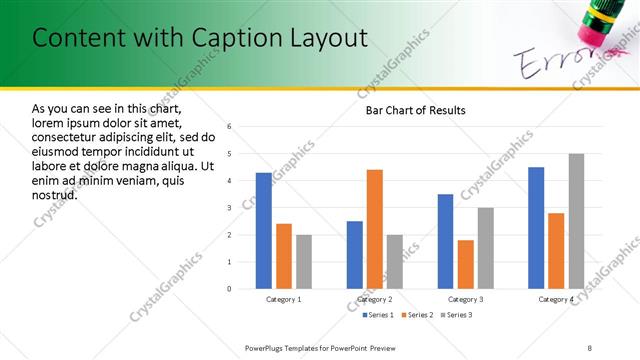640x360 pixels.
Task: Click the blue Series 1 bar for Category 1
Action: tap(264, 231)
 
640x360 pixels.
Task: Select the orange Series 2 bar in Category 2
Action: tap(375, 229)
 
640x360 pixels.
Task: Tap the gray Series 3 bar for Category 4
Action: tap(576, 221)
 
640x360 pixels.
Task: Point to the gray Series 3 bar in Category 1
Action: tap(304, 262)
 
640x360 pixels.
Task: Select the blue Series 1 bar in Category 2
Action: tap(355, 255)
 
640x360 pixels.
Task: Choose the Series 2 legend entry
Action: tap(418, 315)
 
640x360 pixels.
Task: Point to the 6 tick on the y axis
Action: tap(229, 127)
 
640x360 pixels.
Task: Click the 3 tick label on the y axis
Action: tap(229, 208)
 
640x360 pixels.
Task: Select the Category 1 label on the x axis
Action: tap(284, 299)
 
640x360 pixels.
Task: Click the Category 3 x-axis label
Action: tap(466, 299)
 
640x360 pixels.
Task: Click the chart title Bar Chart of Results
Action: tap(415, 110)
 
